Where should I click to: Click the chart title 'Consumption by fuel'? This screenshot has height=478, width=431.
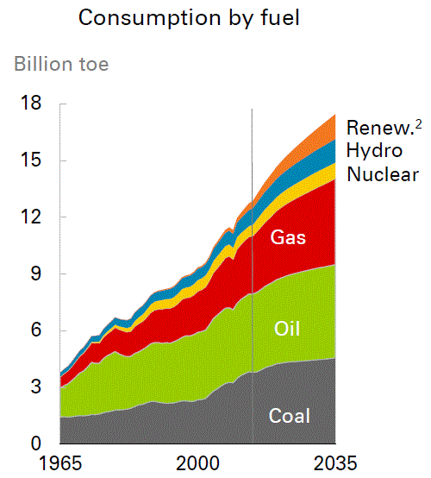[189, 18]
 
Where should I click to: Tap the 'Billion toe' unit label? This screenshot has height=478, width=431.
[61, 64]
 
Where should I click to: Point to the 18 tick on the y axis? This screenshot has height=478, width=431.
[31, 103]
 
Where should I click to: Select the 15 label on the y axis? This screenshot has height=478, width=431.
[31, 159]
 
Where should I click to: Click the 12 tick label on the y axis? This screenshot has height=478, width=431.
[31, 217]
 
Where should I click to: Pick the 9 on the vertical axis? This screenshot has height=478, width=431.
[35, 274]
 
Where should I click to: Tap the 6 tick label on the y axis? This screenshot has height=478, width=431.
[35, 330]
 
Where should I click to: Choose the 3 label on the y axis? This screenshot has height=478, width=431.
[35, 387]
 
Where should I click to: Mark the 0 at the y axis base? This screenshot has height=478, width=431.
[35, 443]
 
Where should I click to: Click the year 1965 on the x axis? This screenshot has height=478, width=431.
[60, 463]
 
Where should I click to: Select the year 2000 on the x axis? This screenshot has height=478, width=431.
[197, 463]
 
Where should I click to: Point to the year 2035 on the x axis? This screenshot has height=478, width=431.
[335, 463]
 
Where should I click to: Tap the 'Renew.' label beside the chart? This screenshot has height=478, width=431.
[380, 128]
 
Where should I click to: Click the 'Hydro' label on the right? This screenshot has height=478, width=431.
[374, 151]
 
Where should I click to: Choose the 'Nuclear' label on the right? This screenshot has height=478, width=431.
[383, 174]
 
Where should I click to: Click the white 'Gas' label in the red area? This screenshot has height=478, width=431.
[288, 237]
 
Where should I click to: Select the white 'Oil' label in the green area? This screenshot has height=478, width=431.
[287, 329]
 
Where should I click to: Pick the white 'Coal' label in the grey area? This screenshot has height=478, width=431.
[290, 416]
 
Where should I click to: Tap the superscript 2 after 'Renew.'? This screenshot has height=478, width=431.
[418, 125]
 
